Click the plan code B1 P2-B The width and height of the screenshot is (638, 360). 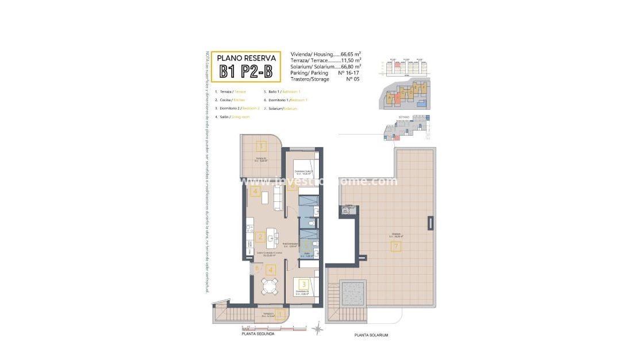coord(245,71)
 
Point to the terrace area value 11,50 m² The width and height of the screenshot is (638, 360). coord(351,60)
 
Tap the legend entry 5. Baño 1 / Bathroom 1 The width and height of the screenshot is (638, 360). coord(282,91)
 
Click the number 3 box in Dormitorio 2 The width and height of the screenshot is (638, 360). coord(303,284)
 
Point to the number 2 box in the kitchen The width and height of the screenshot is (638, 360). coord(260,236)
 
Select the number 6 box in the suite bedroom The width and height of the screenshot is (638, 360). coord(293,185)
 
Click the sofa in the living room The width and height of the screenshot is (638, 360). coord(278,198)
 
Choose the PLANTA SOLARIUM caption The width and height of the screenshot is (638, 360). coord(371,335)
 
